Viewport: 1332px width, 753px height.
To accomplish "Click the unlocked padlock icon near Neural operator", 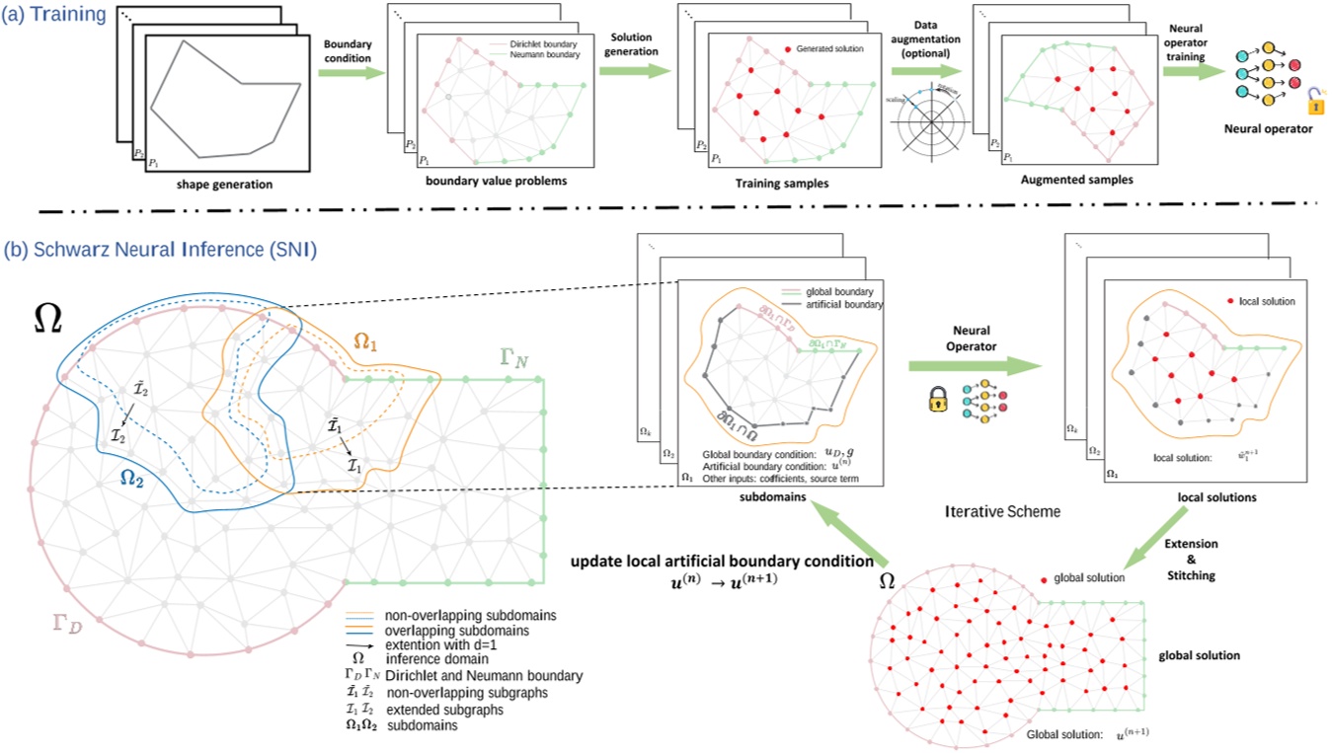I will pos(1315,100).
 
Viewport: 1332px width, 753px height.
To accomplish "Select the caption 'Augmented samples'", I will pos(1081,180).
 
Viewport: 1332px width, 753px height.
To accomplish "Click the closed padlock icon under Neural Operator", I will pos(933,400).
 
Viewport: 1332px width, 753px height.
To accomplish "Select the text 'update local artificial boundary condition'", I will pos(722,561).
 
